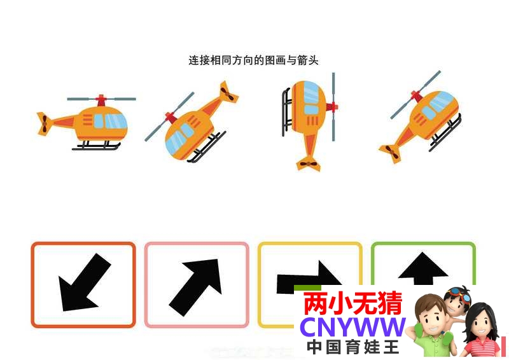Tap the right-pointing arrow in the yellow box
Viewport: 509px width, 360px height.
pyautogui.click(x=308, y=279)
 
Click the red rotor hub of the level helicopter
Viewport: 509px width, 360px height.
pyautogui.click(x=101, y=100)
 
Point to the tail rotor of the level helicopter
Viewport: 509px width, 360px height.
pyautogui.click(x=44, y=123)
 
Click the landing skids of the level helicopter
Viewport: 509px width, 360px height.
pyautogui.click(x=96, y=146)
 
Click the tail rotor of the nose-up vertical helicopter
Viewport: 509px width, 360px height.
pyautogui.click(x=308, y=163)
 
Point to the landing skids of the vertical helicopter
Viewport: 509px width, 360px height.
pyautogui.click(x=286, y=112)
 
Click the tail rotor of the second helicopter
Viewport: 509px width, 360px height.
pyautogui.click(x=228, y=92)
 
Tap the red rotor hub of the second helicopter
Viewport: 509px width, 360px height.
pyautogui.click(x=171, y=117)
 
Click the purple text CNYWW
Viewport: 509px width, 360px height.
pyautogui.click(x=353, y=327)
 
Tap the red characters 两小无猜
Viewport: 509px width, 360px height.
pyautogui.click(x=353, y=303)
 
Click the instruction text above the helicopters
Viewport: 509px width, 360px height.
pyautogui.click(x=253, y=60)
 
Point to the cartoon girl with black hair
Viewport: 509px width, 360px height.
pyautogui.click(x=480, y=329)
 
